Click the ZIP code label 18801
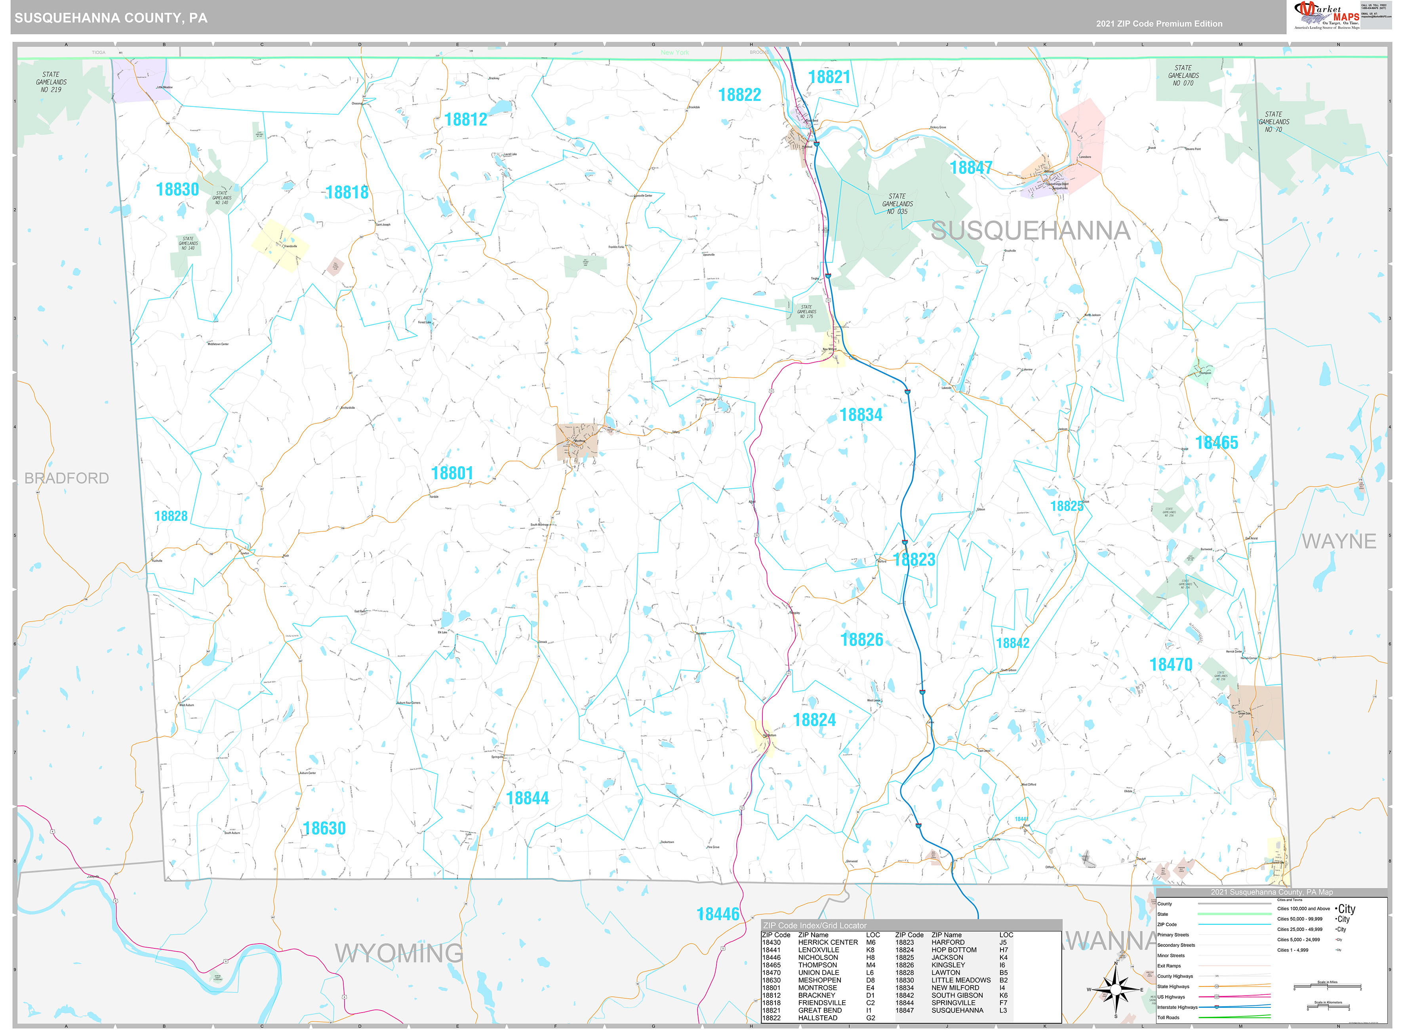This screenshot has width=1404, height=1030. tap(452, 473)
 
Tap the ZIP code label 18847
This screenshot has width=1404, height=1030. tap(970, 168)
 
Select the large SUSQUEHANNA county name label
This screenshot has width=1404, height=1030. tap(1030, 231)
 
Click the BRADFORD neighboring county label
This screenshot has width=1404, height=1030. tap(67, 478)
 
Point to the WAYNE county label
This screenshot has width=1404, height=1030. tap(1339, 541)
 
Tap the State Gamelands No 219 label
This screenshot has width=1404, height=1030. tap(51, 82)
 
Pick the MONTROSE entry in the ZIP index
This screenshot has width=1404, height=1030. tap(817, 988)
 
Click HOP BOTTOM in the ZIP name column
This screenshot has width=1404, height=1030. tap(953, 950)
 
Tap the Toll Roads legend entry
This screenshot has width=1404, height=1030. tap(1168, 1018)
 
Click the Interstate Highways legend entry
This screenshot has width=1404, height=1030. tap(1177, 1007)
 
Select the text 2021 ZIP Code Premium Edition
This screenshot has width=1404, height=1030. tap(1159, 24)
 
